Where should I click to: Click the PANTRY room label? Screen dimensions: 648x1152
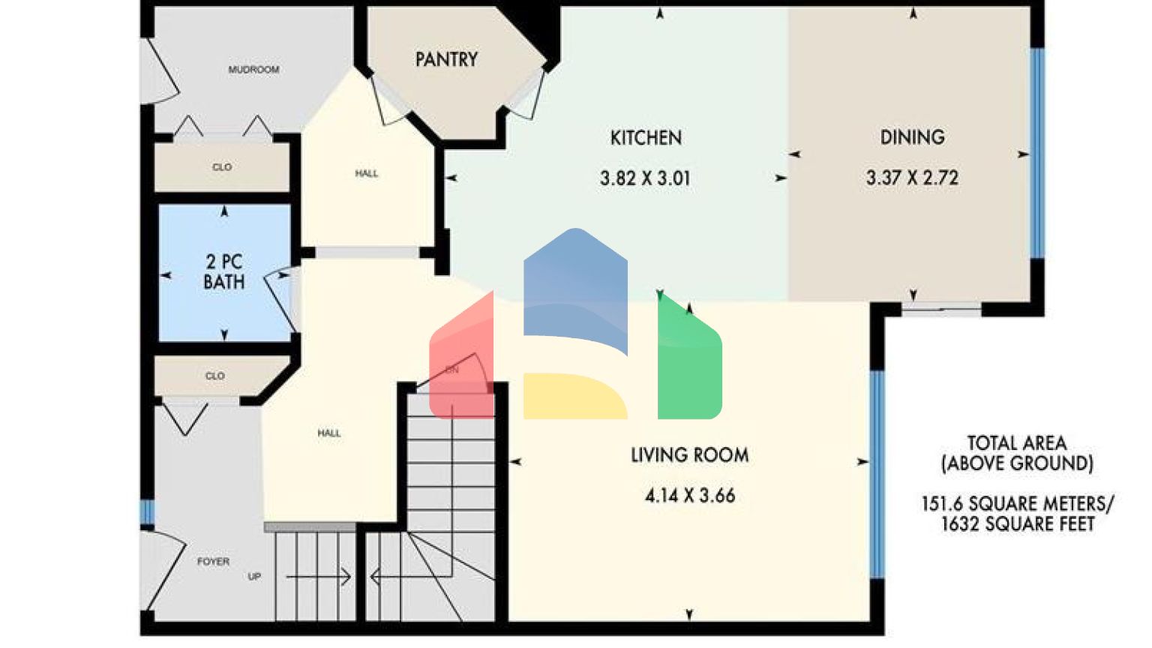(446, 59)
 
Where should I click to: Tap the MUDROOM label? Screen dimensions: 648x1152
(253, 70)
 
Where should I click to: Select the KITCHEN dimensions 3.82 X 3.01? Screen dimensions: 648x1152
(645, 178)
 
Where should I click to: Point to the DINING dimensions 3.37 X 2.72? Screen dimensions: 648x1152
(912, 178)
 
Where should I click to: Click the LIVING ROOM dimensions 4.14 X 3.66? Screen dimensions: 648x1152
(690, 495)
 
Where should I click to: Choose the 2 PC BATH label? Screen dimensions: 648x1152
(224, 271)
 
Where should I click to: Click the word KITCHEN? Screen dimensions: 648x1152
(646, 138)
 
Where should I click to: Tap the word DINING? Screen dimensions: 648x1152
(912, 137)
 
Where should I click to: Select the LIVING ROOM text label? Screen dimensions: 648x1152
(689, 454)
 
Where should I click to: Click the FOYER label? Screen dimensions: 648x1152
(213, 561)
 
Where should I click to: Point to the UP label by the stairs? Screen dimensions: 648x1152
(254, 577)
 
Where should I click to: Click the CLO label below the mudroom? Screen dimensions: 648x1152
(222, 167)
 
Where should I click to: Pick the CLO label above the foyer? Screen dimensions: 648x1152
(215, 376)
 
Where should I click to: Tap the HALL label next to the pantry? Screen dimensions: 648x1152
(367, 174)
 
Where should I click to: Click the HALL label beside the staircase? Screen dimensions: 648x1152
(328, 433)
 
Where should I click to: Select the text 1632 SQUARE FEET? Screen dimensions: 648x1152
(1018, 524)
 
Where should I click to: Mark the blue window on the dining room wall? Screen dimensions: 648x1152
(1037, 154)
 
